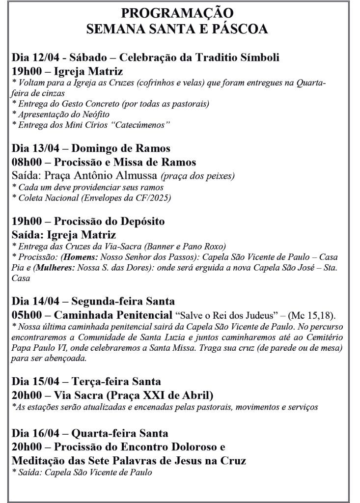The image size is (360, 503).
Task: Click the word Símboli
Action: (258, 57)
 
